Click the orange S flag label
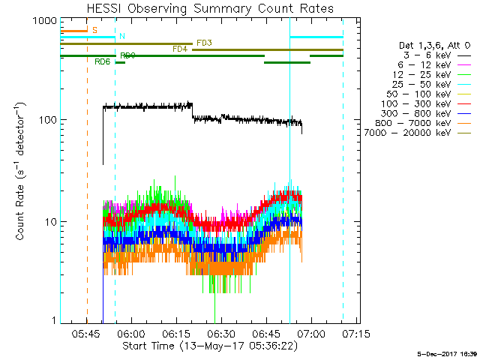94,30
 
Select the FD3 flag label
204,43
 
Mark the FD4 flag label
180,49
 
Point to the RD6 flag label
103,61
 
